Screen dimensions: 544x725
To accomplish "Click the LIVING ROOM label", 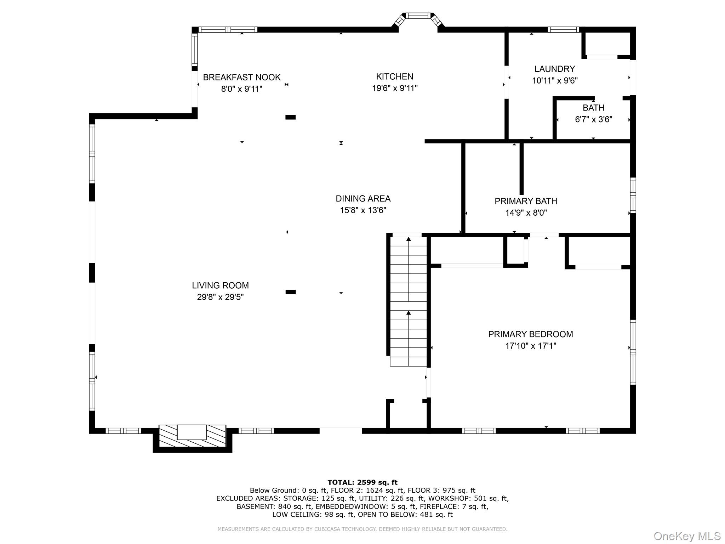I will (x=220, y=285).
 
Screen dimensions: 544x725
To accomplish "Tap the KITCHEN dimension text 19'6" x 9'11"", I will (x=395, y=88).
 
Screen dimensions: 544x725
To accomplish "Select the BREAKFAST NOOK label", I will (x=241, y=77).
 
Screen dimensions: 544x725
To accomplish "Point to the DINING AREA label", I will (x=363, y=199).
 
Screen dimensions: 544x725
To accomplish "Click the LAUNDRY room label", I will (x=554, y=69).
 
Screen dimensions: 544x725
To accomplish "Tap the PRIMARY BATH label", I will (x=526, y=201).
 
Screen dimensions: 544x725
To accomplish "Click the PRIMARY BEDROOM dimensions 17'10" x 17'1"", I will (x=530, y=346).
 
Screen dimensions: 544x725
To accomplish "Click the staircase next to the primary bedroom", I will (x=409, y=301).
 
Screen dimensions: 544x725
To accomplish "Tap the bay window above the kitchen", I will (x=418, y=18).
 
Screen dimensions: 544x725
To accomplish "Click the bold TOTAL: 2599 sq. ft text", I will (x=362, y=482).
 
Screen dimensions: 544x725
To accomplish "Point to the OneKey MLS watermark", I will (x=687, y=536).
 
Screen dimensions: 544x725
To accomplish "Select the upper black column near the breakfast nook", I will (x=290, y=117).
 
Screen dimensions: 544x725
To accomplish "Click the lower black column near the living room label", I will (x=290, y=292).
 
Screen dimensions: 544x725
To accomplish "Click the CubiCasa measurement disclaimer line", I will (x=362, y=529).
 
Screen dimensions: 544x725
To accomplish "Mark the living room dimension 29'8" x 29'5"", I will (x=220, y=297).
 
